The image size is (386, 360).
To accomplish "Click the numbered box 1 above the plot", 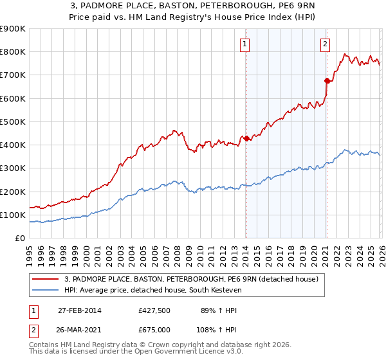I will point(246,44).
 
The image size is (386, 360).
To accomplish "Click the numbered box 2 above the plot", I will point(326,44).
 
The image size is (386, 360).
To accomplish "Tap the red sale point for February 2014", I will point(246,138).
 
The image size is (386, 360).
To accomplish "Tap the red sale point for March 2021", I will point(327,80).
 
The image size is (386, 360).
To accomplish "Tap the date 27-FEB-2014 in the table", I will point(79,310).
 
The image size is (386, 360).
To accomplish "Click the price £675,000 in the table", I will point(154,329).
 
